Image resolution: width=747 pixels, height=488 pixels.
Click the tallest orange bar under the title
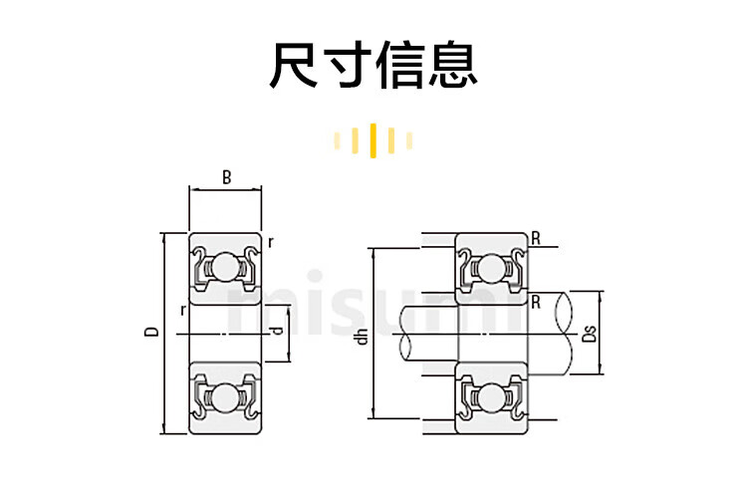tap(373, 140)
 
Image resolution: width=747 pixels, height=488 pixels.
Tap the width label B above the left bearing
tap(227, 179)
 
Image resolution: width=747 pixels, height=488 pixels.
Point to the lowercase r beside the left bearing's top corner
tap(271, 241)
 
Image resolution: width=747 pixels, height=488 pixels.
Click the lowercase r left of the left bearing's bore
tap(182, 310)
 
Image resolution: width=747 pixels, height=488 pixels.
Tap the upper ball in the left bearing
tap(226, 267)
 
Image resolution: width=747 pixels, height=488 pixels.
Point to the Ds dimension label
tap(589, 333)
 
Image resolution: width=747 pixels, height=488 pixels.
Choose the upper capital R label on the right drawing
tap(536, 238)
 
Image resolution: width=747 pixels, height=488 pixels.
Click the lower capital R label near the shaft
tap(536, 301)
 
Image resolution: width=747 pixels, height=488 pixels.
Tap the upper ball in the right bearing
tap(491, 267)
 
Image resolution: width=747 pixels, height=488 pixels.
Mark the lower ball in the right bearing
tap(491, 396)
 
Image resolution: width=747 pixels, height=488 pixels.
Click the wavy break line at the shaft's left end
tap(404, 334)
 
